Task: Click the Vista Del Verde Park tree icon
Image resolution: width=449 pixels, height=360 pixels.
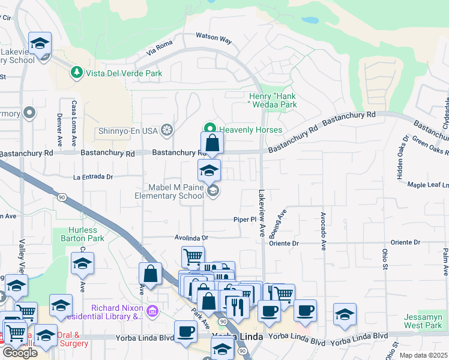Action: pos(76,73)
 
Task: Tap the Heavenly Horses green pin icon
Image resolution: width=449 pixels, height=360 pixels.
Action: pos(209,128)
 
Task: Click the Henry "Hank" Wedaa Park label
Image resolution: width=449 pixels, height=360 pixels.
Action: pos(273,100)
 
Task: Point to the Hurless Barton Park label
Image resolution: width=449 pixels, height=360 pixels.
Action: pos(79,234)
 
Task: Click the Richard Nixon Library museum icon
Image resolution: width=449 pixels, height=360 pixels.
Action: pos(152,311)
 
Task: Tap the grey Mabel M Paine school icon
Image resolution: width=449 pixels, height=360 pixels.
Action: pos(212,191)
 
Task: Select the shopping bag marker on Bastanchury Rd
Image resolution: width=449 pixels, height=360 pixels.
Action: pos(212,144)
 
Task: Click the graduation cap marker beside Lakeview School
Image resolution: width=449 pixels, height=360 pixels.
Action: pos(40,44)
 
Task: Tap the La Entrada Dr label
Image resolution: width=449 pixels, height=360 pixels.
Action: pos(93,177)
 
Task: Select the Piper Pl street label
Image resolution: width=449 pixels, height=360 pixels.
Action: pos(245,220)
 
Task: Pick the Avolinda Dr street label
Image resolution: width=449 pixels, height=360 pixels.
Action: pos(191,238)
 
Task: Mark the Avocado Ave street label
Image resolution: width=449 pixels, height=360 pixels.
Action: pos(323,230)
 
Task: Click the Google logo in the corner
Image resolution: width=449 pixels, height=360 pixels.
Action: pos(20,352)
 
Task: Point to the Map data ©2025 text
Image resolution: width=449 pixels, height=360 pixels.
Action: pos(423,355)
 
